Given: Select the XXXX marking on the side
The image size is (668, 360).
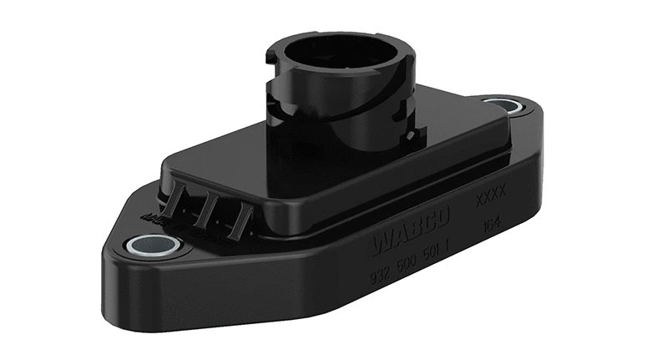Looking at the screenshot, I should click(491, 201).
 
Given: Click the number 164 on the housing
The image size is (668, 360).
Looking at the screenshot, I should click(492, 225).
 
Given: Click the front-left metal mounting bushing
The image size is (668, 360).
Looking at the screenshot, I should click(152, 245).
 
